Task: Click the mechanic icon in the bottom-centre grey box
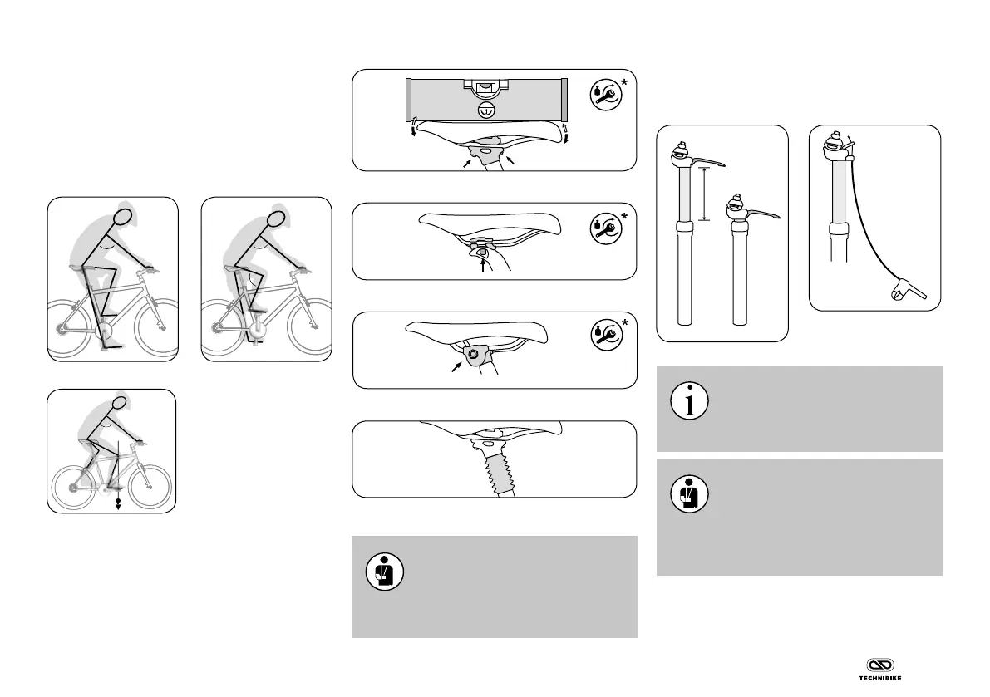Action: pyautogui.click(x=384, y=572)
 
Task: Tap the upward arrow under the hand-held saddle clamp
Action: pyautogui.click(x=483, y=265)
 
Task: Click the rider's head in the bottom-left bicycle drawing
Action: pyautogui.click(x=121, y=405)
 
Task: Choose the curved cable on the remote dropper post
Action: pyautogui.click(x=864, y=224)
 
